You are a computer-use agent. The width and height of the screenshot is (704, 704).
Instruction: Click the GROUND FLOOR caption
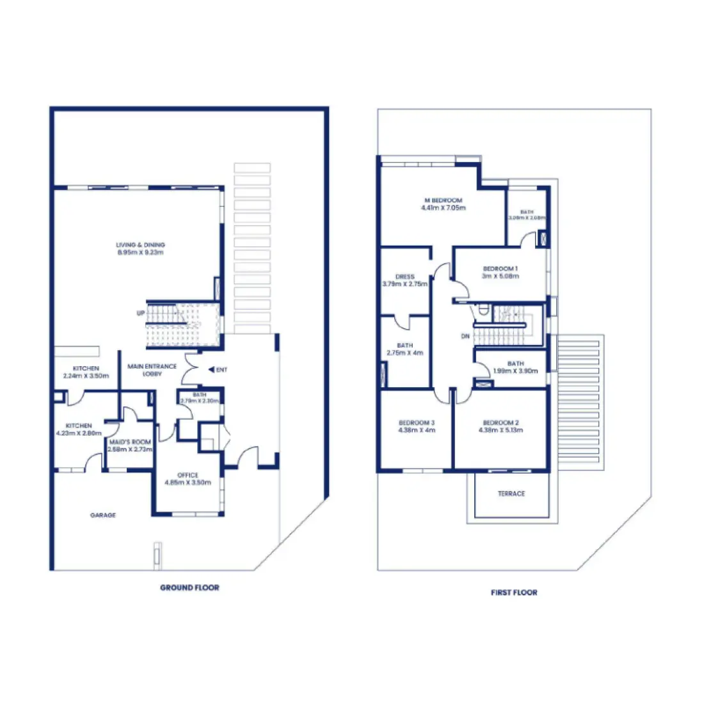click(x=189, y=588)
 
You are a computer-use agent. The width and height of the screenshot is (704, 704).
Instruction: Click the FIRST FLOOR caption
click(x=514, y=593)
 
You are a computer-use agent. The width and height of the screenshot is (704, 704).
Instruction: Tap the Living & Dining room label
click(x=140, y=245)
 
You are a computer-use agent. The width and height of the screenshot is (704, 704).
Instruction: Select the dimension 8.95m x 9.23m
click(x=140, y=253)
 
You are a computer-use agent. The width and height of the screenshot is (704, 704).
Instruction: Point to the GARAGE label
click(x=103, y=515)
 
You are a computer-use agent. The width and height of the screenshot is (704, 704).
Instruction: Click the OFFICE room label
click(x=188, y=475)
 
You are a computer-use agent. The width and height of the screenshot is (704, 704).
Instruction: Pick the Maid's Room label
click(x=130, y=442)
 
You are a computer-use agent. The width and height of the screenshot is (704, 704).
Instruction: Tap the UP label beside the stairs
click(x=141, y=313)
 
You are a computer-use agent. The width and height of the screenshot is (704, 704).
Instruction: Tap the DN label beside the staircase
click(x=465, y=336)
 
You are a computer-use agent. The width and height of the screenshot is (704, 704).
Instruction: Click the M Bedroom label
click(x=443, y=200)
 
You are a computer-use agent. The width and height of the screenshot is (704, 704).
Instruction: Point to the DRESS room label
click(x=405, y=276)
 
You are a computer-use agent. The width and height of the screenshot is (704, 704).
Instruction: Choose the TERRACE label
click(x=511, y=494)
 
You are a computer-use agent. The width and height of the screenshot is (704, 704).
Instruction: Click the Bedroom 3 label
click(x=417, y=423)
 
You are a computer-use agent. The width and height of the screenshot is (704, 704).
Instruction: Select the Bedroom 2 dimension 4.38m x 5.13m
click(x=500, y=430)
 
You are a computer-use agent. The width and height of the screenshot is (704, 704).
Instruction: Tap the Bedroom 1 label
click(x=500, y=269)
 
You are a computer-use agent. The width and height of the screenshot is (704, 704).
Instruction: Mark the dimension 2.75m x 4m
click(x=405, y=353)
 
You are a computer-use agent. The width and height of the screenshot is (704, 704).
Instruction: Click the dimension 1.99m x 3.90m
click(x=515, y=371)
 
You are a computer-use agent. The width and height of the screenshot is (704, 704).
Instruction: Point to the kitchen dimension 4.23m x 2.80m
click(x=79, y=433)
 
